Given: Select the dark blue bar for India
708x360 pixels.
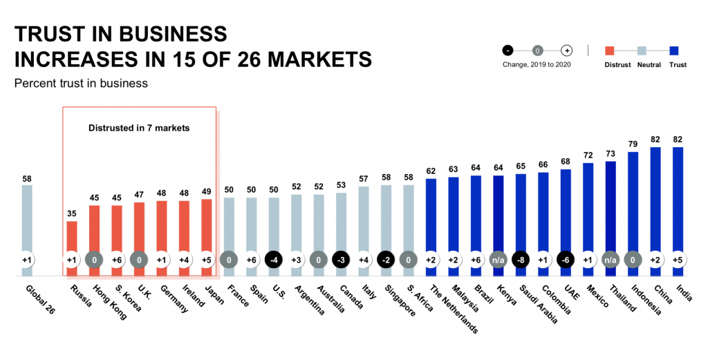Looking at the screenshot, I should point(678,200).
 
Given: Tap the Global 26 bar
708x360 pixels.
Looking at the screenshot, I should point(26,221).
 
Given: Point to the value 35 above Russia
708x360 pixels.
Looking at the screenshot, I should point(71,214).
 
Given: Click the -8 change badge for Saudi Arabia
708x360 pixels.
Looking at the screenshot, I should point(521,260).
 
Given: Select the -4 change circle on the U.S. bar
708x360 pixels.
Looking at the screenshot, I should point(274,260).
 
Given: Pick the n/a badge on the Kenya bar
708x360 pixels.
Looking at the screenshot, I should point(498,260).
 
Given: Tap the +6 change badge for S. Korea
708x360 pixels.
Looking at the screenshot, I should point(116,260).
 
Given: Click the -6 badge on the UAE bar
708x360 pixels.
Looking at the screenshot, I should point(566,260).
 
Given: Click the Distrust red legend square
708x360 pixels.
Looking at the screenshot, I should point(610,50).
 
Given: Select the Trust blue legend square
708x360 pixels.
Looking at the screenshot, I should point(674,50).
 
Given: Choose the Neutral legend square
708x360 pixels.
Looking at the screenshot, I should point(642,50).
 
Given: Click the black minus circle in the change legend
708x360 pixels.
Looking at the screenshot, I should point(507,50).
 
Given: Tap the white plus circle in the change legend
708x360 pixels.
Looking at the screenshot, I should point(566,50).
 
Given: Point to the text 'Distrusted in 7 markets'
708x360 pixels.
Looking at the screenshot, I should point(139,128).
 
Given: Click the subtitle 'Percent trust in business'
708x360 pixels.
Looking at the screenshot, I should point(81,84).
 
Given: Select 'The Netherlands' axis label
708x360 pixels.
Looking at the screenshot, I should point(454,308).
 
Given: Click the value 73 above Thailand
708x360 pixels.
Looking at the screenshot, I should point(611,154).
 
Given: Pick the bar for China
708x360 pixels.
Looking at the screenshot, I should point(655,200).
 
